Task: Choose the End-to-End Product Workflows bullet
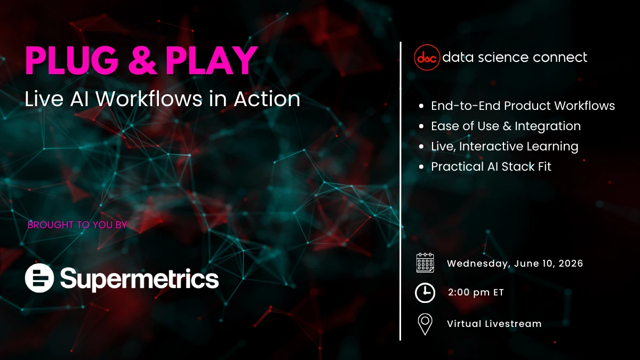point(523,106)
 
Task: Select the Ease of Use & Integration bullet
point(506,126)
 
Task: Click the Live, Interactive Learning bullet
point(505,146)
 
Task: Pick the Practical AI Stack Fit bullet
point(491,166)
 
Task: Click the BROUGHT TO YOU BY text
point(77,225)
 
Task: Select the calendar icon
point(425,263)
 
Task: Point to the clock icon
point(425,292)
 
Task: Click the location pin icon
point(425,324)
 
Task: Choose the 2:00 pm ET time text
point(476,292)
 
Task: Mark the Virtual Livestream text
point(494,324)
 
